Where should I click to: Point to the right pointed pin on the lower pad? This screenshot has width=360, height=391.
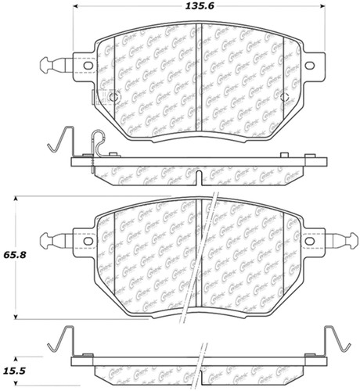(341, 240)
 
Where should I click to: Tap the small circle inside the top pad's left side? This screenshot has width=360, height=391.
(112, 98)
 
